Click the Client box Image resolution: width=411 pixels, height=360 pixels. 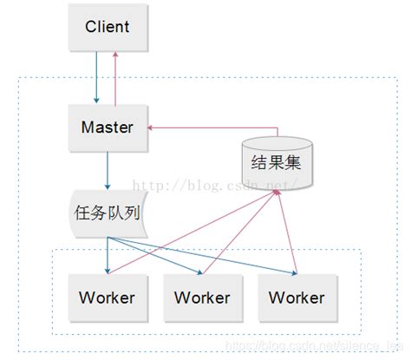coord(107,28)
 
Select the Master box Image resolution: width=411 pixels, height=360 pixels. coord(107,128)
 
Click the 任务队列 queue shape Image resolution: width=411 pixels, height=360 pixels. coord(108,211)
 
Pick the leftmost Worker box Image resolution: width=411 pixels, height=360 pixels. coord(107,297)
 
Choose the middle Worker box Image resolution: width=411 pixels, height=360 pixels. coord(202,297)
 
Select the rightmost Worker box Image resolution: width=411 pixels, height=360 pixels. coord(297,297)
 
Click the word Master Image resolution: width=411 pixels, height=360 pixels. coord(107,128)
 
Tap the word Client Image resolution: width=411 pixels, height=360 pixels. coord(107,27)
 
